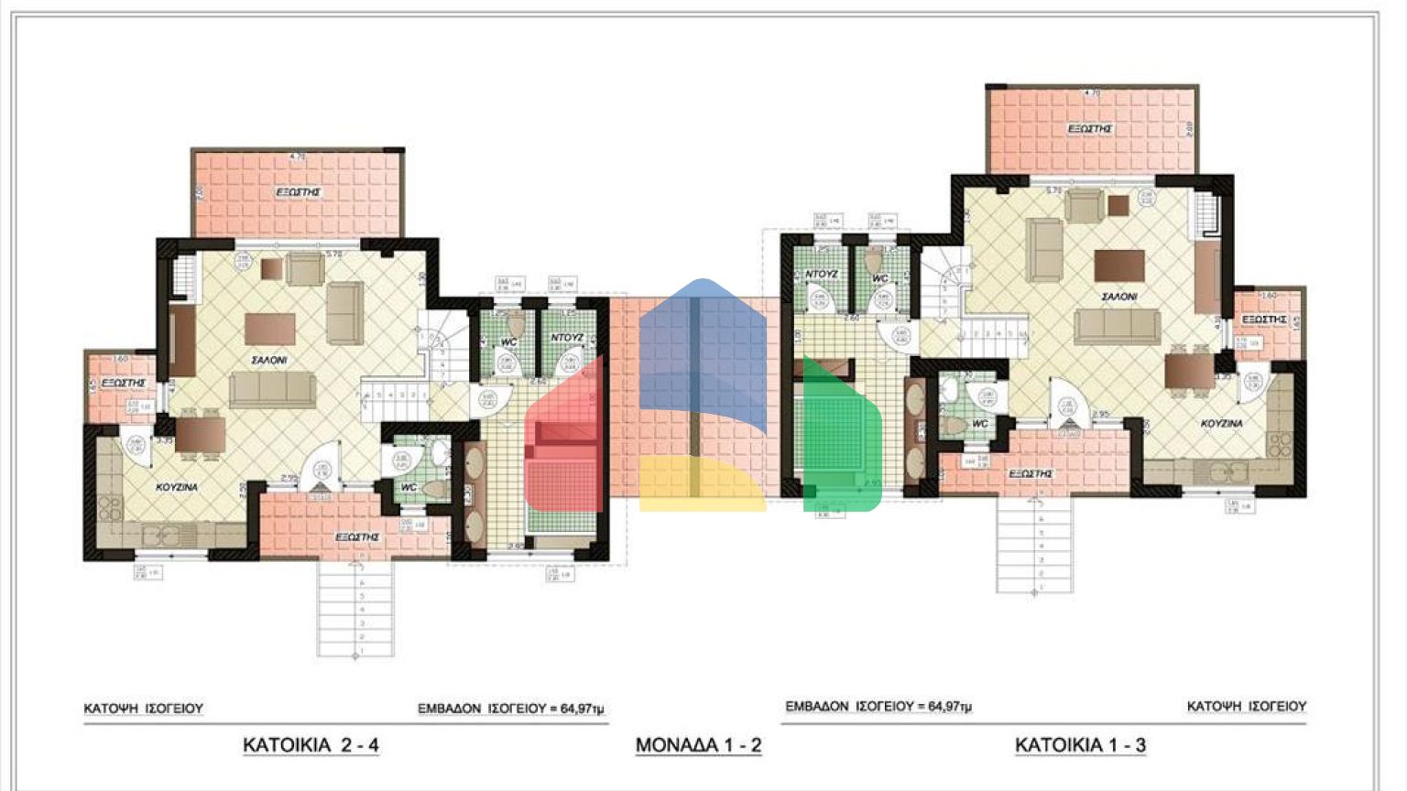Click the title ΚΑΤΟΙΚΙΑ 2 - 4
311,744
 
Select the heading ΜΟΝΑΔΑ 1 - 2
698,744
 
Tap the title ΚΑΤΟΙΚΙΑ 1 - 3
1080,744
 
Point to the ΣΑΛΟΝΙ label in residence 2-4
269,361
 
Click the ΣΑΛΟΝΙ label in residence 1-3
1118,297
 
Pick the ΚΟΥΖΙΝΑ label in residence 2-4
177,487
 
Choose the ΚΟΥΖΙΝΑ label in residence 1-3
1222,424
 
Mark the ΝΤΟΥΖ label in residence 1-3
822,274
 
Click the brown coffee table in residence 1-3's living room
1119,266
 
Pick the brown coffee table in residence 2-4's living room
270,328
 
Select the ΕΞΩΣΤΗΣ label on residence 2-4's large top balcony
299,193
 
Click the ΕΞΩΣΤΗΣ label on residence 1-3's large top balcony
1090,129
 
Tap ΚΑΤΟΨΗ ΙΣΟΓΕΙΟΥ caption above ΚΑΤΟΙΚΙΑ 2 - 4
144,709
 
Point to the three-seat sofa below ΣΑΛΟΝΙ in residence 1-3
1117,326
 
